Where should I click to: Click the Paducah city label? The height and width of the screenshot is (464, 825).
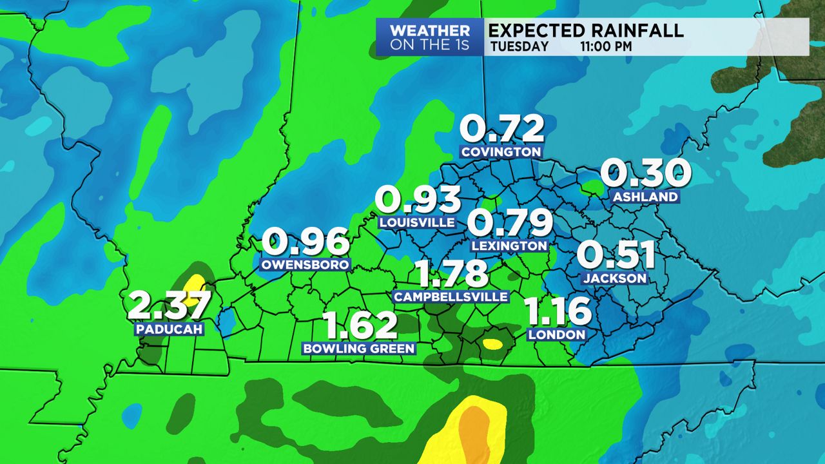pos(170,329)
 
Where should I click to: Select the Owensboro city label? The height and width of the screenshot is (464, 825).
pos(306,264)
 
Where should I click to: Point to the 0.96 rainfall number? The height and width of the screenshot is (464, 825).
pos(306,242)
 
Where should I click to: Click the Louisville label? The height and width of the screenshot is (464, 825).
pos(418,222)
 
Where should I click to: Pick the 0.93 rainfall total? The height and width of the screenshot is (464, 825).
pos(419,200)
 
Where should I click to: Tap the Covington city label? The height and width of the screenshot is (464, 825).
pos(501,152)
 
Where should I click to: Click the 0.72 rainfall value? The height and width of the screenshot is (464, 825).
pos(501,130)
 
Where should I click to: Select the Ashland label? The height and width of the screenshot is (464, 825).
pos(645,197)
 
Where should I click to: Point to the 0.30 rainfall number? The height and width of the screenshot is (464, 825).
pos(646,173)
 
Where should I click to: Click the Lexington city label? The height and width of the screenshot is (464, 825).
pos(509,246)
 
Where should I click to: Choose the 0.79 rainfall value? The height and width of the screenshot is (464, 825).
pos(510,223)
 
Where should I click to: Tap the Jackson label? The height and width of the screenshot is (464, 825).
pos(615,278)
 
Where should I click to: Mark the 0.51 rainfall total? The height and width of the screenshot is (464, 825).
pos(616,255)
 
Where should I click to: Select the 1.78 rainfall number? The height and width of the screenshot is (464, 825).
pos(451,274)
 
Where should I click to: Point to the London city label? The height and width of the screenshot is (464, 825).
pos(556,334)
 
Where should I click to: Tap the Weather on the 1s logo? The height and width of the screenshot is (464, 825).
pos(430,37)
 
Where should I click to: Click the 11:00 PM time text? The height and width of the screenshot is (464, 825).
pos(605,46)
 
